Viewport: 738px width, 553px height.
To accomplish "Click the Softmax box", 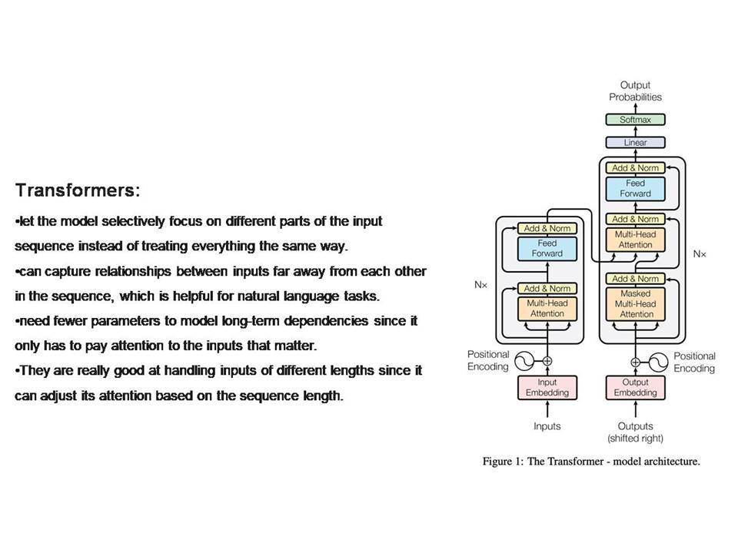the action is (x=635, y=120).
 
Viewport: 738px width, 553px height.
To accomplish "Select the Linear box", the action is (x=635, y=143).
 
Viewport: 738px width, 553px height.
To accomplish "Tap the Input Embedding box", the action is (x=547, y=387).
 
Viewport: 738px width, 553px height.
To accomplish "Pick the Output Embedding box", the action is (x=635, y=387).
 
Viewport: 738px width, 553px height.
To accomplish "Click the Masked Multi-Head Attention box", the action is (x=635, y=304).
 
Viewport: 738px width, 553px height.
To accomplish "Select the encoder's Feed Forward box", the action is (x=547, y=248).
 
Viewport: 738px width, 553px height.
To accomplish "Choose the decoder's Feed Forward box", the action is (x=635, y=189).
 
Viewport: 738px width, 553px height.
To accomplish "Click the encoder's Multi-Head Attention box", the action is (x=547, y=309).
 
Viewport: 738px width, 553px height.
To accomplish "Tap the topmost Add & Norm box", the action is (x=635, y=168).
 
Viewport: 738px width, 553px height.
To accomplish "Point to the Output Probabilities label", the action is (x=635, y=91).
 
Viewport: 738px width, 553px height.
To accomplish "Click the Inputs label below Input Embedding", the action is (x=547, y=426).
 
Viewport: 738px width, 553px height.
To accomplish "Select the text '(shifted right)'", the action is (x=635, y=439).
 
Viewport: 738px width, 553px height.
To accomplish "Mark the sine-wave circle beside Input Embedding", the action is (x=524, y=361).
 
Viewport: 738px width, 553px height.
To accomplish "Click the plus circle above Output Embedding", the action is (x=635, y=362).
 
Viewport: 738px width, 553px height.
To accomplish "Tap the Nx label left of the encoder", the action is (x=480, y=285).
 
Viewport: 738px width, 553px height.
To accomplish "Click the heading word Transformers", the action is (x=75, y=190).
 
